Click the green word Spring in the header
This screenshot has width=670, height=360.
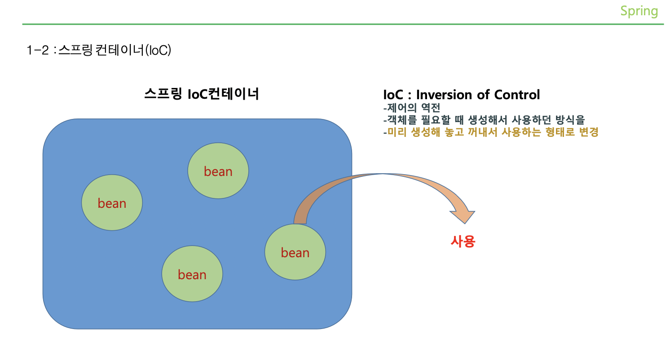[x=639, y=11]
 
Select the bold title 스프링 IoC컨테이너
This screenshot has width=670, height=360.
[x=202, y=95]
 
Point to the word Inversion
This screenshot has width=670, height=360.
[x=444, y=95]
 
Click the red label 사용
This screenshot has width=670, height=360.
[x=463, y=242]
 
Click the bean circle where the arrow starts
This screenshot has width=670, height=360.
[x=295, y=252]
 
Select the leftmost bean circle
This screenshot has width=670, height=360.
[x=112, y=203]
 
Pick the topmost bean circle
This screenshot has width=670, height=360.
[x=218, y=171]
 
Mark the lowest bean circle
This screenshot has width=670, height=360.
[x=192, y=274]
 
